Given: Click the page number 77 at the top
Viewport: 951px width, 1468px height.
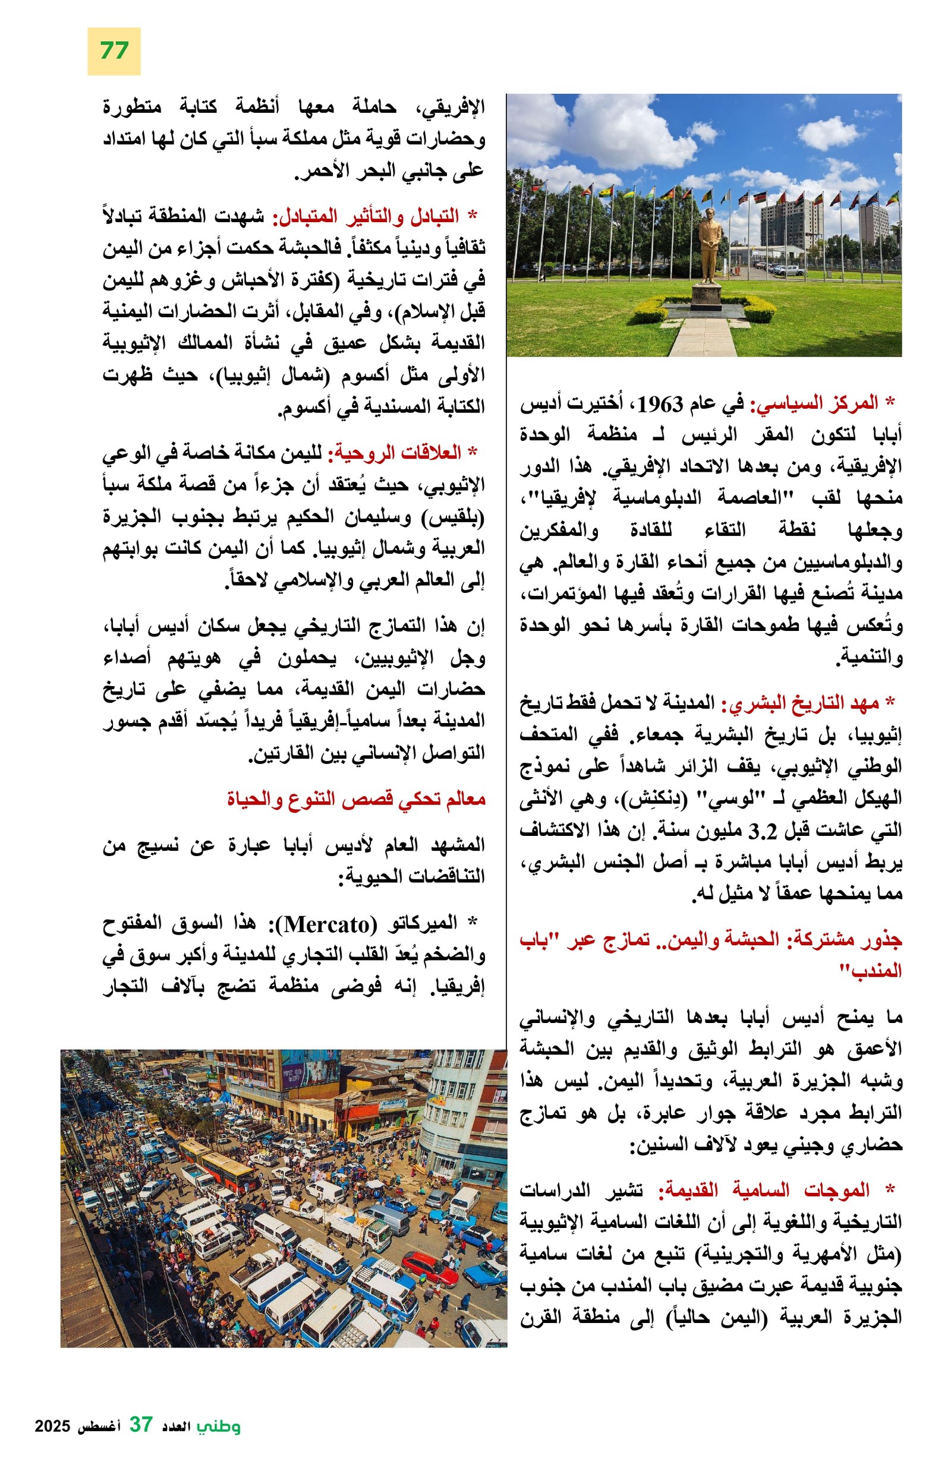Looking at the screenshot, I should pyautogui.click(x=114, y=50).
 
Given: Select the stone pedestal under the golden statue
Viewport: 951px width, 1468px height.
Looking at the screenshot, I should pyautogui.click(x=706, y=296).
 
